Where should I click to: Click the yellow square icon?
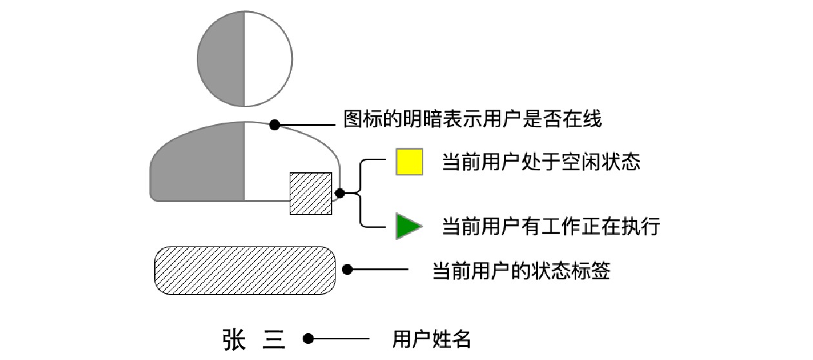coord(409,162)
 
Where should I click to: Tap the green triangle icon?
coord(406,226)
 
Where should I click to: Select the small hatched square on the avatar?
coord(310,194)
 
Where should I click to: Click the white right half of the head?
coord(268,59)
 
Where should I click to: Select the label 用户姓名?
coord(431,339)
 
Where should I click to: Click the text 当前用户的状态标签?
coord(521,271)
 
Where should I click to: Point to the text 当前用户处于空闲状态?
coord(541,162)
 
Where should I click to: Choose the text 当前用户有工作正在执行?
coord(550,226)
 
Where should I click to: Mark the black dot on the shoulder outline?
coord(275,124)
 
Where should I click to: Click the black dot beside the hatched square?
coord(340,192)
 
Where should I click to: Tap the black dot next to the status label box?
coord(347,270)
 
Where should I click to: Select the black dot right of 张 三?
coord(308,338)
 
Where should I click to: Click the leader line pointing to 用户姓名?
coord(342,338)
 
